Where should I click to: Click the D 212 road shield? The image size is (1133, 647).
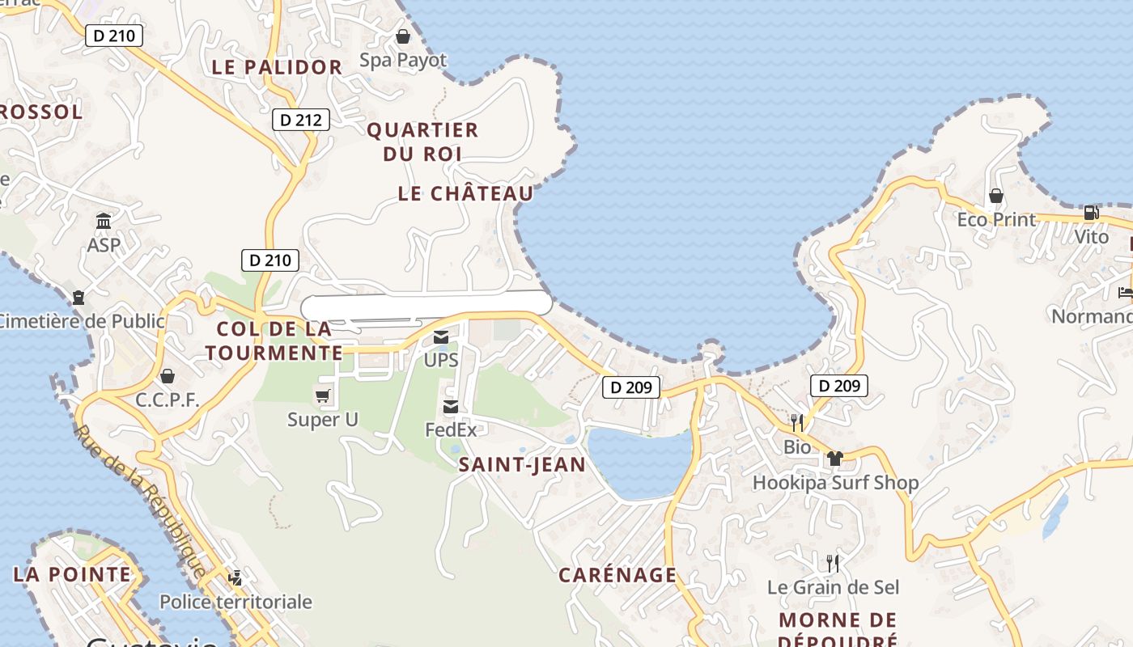coord(301,121)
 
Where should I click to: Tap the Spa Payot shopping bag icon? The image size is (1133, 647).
coord(402,36)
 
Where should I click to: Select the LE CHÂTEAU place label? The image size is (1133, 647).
coord(466,193)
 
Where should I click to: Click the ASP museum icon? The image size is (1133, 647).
coord(104,221)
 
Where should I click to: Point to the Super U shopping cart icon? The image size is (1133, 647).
coord(323,395)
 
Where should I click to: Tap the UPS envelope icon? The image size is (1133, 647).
coord(441,337)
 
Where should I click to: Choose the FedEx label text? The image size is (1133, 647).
coord(451,429)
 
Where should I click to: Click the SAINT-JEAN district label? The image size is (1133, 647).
coord(522,464)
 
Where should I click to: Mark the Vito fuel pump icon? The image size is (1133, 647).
coord(1091,213)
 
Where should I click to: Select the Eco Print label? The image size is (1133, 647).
coord(996,219)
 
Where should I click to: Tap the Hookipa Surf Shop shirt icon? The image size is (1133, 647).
coord(835,459)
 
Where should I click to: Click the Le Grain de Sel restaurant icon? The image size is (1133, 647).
coord(832,563)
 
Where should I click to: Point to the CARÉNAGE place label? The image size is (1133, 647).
coord(617,575)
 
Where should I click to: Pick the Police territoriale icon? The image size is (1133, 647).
coord(235,578)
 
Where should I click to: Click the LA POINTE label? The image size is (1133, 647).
coord(71,574)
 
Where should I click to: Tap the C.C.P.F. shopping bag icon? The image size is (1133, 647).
coord(168,376)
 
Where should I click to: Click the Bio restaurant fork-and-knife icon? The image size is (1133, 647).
coord(797,422)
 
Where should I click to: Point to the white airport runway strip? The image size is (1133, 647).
coord(426,306)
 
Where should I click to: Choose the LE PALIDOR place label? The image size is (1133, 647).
coord(277,67)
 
